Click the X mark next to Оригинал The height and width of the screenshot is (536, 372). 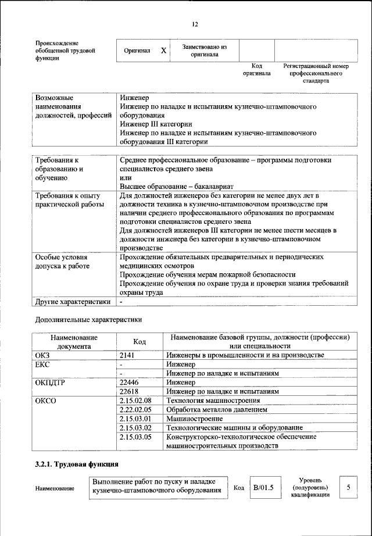(x=164, y=51)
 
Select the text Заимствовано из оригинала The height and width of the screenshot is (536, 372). (x=204, y=51)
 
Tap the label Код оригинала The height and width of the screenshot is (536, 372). (x=256, y=70)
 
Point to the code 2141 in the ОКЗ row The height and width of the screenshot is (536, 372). (x=127, y=355)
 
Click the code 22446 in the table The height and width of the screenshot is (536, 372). (x=130, y=383)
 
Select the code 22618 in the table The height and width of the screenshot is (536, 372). (x=130, y=391)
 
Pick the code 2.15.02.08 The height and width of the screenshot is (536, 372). (x=135, y=401)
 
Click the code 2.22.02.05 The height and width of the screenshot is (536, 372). (x=135, y=409)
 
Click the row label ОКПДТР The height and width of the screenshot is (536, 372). (x=51, y=383)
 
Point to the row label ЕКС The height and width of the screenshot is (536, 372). (x=42, y=364)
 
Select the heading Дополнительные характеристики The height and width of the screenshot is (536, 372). (x=88, y=319)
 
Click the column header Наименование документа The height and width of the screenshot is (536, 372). (x=74, y=341)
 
